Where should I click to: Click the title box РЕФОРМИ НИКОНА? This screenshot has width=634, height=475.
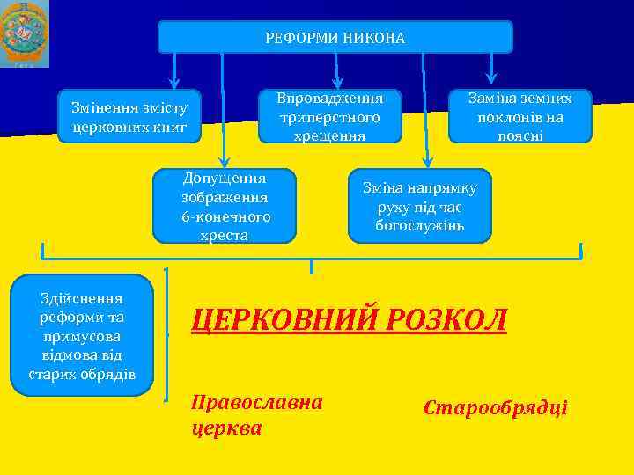(x=335, y=37)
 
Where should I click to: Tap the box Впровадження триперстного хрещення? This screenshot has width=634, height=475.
(x=329, y=116)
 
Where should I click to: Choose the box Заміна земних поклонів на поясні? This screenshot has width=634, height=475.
(x=520, y=116)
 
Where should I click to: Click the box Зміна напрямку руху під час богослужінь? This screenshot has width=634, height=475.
(x=420, y=206)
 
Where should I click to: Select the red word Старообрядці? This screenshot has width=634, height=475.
(x=496, y=408)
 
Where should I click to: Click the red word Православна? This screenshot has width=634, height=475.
(x=257, y=403)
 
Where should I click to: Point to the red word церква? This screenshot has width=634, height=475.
(x=226, y=428)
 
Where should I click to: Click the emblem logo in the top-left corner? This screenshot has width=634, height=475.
(x=25, y=33)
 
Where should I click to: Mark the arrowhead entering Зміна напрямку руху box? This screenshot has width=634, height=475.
(x=427, y=161)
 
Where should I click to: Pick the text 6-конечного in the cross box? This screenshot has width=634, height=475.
(x=226, y=216)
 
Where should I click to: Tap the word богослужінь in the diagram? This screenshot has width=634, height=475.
(x=420, y=226)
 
